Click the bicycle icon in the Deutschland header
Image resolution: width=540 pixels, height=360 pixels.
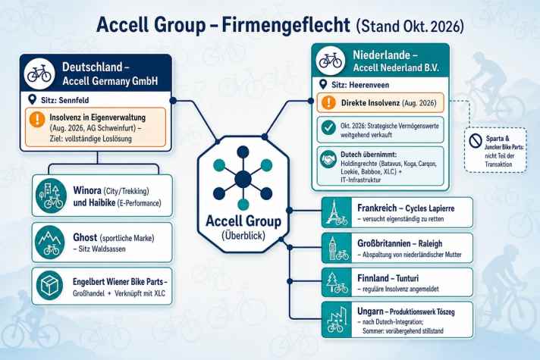click(39, 74)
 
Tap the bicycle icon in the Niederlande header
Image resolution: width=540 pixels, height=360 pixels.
click(330, 61)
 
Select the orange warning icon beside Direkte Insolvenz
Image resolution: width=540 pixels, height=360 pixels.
click(328, 102)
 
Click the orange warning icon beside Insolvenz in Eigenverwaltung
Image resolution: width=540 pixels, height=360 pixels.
click(37, 120)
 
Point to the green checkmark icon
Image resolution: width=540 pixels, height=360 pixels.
click(328, 127)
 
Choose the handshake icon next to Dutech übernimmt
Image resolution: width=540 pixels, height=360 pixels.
click(328, 159)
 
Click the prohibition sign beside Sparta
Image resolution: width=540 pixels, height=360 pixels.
click(476, 141)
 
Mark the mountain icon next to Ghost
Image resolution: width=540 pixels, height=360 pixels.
click(50, 243)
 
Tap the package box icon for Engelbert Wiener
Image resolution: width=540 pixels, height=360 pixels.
click(49, 285)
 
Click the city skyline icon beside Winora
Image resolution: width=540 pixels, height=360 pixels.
click(52, 195)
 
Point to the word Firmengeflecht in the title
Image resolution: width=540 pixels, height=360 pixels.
click(285, 25)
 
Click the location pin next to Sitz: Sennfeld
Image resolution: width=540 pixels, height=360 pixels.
click(32, 100)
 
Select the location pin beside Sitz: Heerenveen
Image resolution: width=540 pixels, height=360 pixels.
click(322, 84)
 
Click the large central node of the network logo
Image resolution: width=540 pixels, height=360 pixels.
click(243, 180)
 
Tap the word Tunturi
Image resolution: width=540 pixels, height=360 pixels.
click(407, 277)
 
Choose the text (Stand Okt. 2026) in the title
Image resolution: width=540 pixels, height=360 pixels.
click(410, 27)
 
